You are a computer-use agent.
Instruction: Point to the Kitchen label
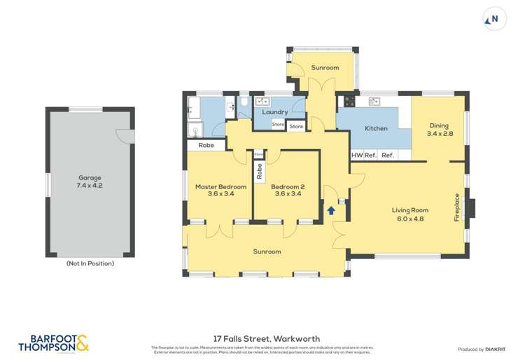click(x=376, y=129)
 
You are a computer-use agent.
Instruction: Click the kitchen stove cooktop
click(x=347, y=102)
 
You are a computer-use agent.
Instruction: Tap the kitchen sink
click(x=374, y=102)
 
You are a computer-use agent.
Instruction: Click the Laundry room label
click(x=275, y=112)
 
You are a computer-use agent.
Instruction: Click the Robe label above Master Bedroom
click(x=206, y=146)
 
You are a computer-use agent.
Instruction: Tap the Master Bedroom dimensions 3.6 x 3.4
click(x=220, y=195)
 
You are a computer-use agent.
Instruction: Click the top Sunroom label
click(x=325, y=68)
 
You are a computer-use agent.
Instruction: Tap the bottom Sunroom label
click(x=267, y=251)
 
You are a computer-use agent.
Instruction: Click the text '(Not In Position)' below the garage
click(x=90, y=264)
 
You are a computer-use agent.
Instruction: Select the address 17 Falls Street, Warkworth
click(x=262, y=338)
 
